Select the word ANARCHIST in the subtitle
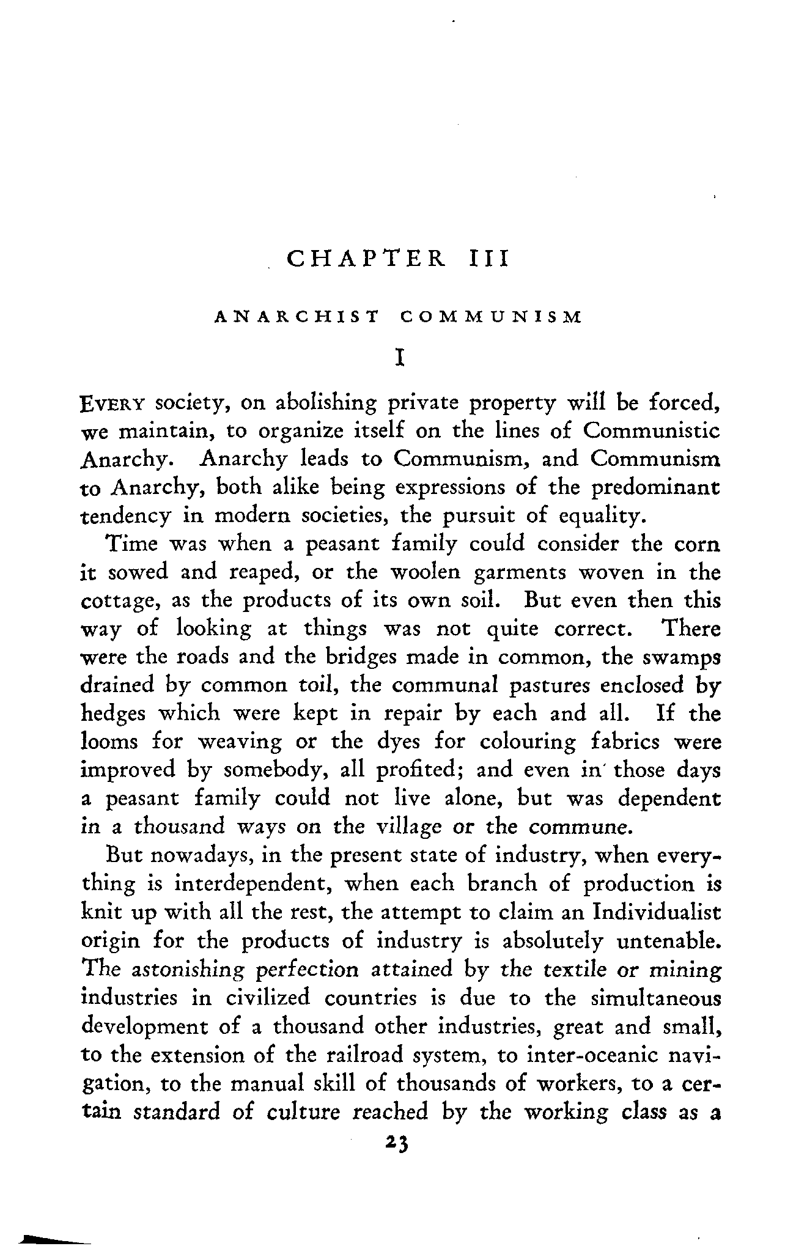(x=296, y=317)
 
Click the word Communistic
(x=652, y=431)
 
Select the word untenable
(x=668, y=941)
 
